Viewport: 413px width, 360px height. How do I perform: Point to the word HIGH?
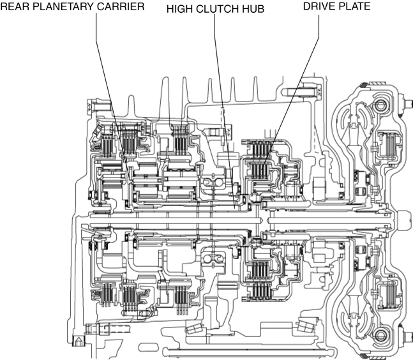click(x=179, y=10)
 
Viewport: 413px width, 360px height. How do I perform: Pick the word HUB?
click(x=255, y=10)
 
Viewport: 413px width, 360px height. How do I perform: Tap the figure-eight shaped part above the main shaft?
click(x=211, y=186)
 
